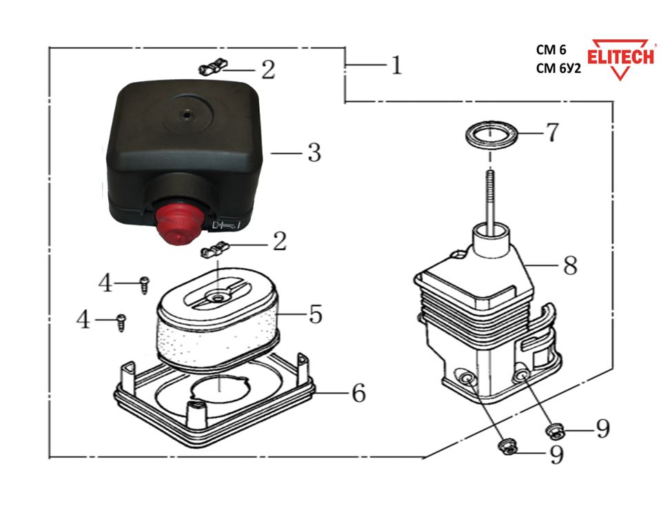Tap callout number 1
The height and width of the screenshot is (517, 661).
click(x=395, y=65)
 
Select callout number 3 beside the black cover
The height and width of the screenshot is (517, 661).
click(x=314, y=152)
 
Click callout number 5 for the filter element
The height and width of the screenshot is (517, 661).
click(x=315, y=314)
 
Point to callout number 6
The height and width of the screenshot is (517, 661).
click(x=358, y=394)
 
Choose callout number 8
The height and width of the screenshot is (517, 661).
click(x=570, y=266)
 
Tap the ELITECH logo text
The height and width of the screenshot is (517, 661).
click(x=620, y=57)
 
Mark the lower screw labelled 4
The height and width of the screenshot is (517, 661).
click(x=122, y=320)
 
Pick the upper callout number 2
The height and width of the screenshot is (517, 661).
click(x=267, y=70)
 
